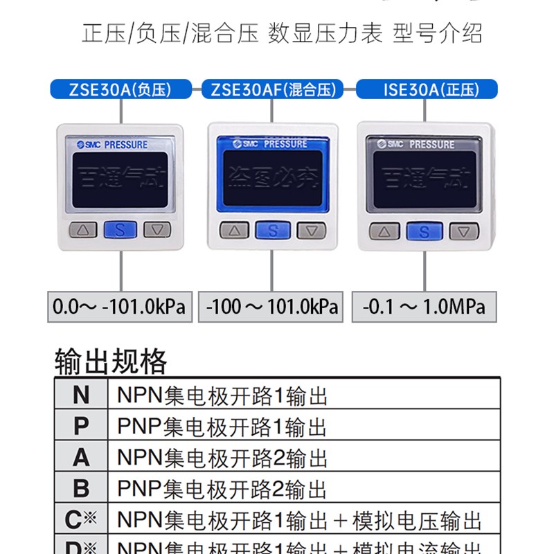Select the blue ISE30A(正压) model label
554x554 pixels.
[427, 89]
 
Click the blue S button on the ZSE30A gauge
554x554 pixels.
[120, 231]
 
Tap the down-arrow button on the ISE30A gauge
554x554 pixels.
[464, 231]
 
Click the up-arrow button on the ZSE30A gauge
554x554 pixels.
[82, 231]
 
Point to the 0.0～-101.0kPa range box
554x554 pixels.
[120, 306]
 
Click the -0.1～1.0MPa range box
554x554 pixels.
[424, 306]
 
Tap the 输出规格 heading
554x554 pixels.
[111, 361]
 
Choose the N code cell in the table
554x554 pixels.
[81, 395]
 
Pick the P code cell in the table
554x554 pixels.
[81, 426]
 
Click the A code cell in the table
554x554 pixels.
[81, 458]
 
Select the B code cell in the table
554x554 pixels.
[81, 489]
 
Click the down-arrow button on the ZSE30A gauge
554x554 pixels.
[157, 231]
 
